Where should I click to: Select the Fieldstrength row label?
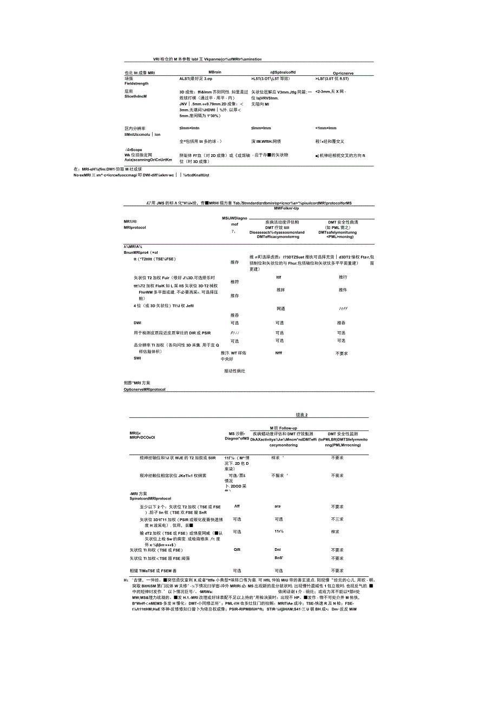[136, 83]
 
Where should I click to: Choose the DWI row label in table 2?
[137, 323]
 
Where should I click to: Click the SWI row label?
[137, 358]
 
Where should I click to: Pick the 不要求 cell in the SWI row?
[342, 353]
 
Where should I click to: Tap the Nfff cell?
[279, 353]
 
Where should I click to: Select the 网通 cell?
[280, 308]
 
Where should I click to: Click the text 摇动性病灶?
[234, 371]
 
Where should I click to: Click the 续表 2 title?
[302, 415]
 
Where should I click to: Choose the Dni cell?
[278, 549]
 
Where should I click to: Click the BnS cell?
[279, 558]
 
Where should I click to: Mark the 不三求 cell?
[337, 519]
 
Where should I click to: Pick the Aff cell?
[237, 506]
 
